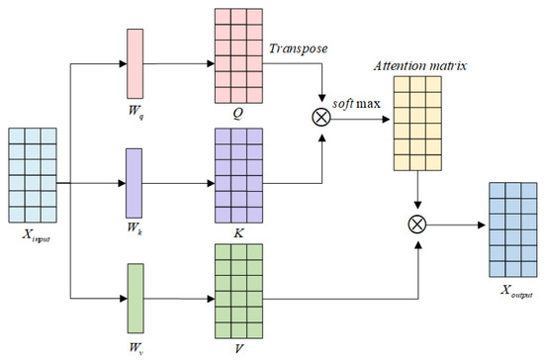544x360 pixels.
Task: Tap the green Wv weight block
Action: [x=136, y=296]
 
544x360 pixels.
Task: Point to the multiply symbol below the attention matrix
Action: [x=416, y=225]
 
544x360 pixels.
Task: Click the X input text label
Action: [x=35, y=245]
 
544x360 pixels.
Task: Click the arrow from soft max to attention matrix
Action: [x=360, y=116]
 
